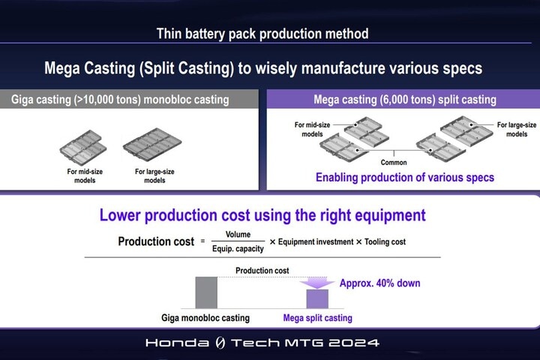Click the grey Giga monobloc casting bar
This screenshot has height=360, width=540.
click(206, 292)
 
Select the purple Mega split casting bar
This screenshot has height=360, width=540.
click(317, 298)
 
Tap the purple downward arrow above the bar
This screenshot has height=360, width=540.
click(317, 283)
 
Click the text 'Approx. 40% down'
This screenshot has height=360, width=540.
click(379, 283)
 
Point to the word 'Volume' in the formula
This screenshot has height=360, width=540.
click(238, 234)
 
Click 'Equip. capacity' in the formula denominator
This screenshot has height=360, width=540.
click(238, 249)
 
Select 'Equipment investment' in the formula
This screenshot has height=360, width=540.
click(316, 241)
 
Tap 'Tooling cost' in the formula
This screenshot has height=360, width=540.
click(385, 241)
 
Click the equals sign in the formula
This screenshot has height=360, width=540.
click(202, 241)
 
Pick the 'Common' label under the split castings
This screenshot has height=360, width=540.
click(394, 162)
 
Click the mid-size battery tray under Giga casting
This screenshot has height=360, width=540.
click(83, 148)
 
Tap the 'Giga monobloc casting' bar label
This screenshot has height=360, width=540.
click(205, 318)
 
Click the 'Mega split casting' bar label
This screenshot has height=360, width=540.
click(317, 318)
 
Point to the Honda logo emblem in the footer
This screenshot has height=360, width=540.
click(220, 343)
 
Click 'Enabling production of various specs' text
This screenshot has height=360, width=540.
click(405, 178)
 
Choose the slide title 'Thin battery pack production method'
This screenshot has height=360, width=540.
click(262, 34)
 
